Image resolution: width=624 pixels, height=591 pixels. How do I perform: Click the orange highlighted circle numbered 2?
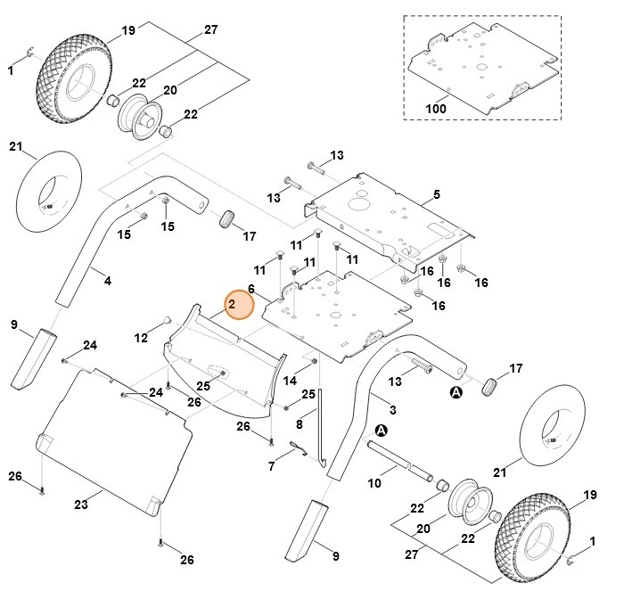[239, 305]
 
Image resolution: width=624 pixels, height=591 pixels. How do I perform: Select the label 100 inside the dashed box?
[436, 109]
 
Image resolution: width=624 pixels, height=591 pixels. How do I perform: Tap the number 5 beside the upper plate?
[436, 194]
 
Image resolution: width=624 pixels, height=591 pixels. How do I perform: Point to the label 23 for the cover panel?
[80, 505]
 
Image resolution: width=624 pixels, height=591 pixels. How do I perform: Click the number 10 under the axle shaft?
[374, 483]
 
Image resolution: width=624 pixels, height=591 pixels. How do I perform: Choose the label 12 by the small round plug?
[141, 338]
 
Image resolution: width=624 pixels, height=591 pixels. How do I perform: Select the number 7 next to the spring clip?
[272, 465]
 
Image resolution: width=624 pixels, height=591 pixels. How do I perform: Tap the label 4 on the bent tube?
[108, 281]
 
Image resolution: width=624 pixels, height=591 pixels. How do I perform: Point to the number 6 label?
[251, 289]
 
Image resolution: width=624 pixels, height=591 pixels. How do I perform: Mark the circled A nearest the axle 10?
[381, 430]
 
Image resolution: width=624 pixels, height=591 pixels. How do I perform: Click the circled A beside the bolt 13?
[457, 391]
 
